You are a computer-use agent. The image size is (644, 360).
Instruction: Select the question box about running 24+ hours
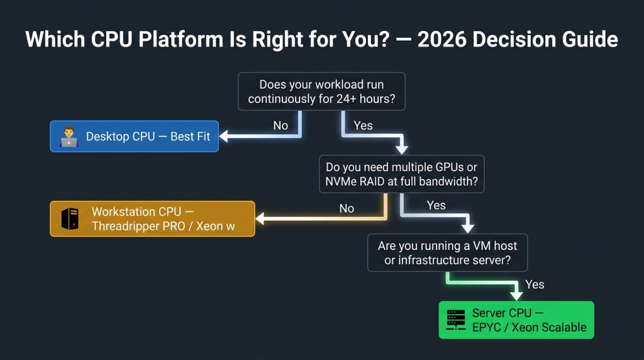pos(321,91)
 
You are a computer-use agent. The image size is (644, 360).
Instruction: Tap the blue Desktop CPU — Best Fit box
pos(134,136)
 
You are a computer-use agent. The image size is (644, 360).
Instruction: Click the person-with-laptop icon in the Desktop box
pos(68,137)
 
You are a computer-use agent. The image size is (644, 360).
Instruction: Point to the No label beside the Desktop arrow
pos(280,125)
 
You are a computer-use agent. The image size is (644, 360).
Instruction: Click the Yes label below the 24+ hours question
pos(363,125)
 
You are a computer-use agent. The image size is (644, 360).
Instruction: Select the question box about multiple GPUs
pos(402,174)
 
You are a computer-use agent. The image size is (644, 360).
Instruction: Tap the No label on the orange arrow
pos(347,208)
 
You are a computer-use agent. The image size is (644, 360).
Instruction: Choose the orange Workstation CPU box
pos(152,218)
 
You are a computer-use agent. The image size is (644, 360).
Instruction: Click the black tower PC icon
pos(69,219)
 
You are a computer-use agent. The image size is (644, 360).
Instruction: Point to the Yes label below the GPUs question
pos(436,205)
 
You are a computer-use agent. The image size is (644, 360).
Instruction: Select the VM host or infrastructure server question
pos(447,253)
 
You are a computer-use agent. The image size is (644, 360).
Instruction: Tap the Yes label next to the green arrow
pos(535,284)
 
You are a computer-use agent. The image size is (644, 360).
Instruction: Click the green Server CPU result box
pos(516,320)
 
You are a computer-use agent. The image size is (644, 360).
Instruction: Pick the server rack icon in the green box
pos(455,320)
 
